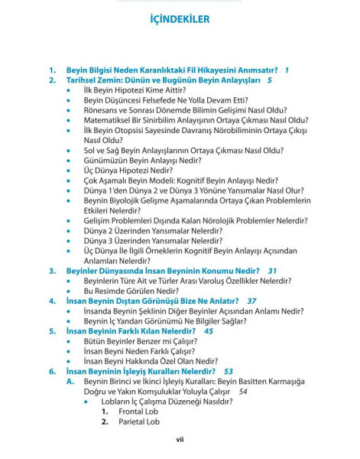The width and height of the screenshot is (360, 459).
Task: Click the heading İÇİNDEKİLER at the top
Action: coord(180,19)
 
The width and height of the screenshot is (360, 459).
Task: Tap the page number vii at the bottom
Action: coord(180,439)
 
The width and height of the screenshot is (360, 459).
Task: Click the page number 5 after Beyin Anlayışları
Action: coord(269,80)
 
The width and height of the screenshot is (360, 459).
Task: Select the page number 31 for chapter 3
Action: coord(272,271)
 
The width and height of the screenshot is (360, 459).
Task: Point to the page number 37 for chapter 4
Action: coord(251,301)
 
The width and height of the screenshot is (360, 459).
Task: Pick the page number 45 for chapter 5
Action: coord(208,331)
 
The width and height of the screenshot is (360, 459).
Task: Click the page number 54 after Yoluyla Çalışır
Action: coord(243,391)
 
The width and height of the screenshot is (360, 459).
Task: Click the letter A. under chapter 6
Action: coord(70,381)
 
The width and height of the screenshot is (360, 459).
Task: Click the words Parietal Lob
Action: coord(139,422)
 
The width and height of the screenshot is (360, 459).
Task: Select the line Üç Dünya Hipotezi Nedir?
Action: coord(128,171)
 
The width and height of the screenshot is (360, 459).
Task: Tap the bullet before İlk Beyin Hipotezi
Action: coord(70,90)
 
